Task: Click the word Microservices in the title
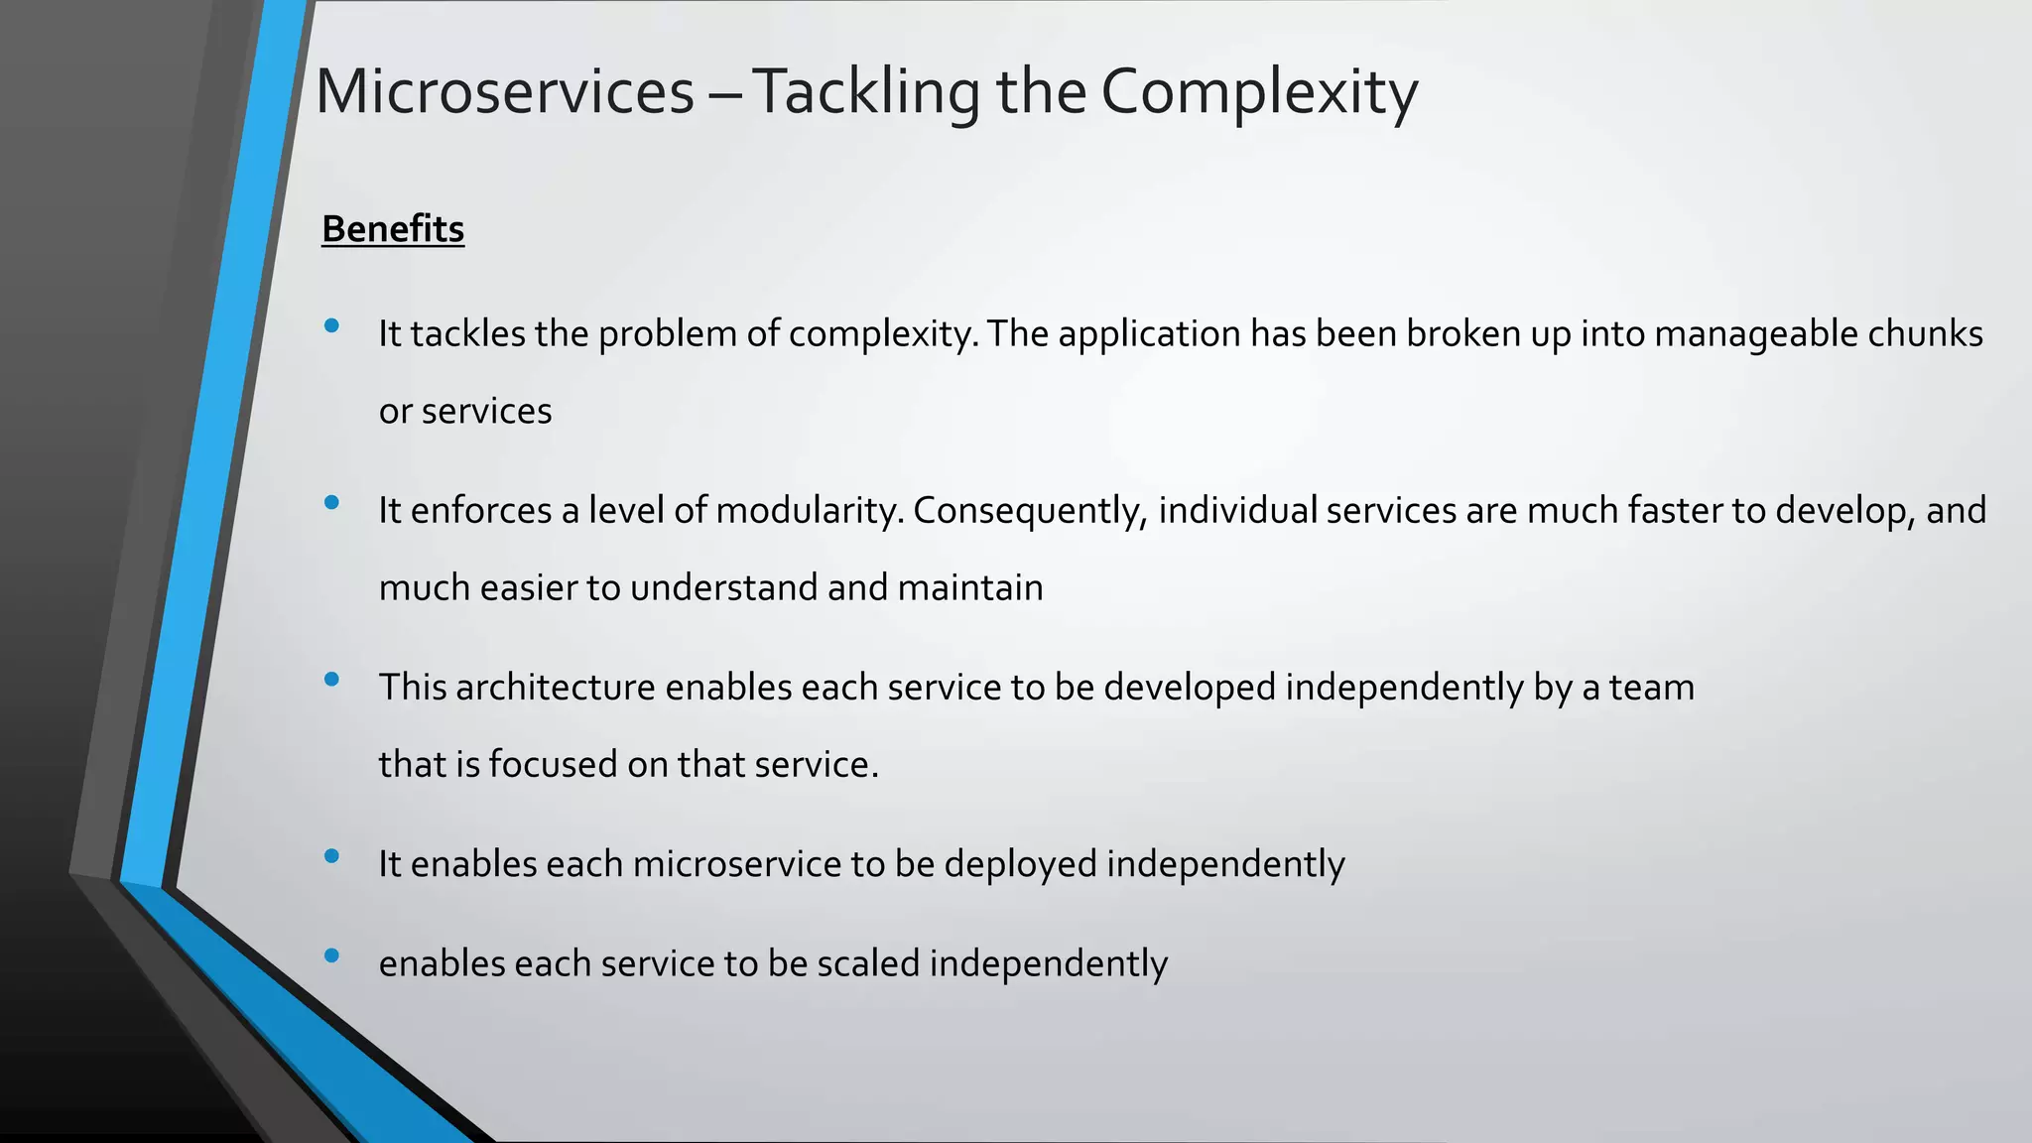504,91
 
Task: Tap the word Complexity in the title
1258,91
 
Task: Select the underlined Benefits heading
393,229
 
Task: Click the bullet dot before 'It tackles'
331,325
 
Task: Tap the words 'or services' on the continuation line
465,411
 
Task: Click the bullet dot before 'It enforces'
331,503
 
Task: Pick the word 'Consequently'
1027,511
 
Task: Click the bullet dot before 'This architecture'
331,680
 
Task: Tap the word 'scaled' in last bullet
868,963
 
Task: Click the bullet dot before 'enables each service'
331,955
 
